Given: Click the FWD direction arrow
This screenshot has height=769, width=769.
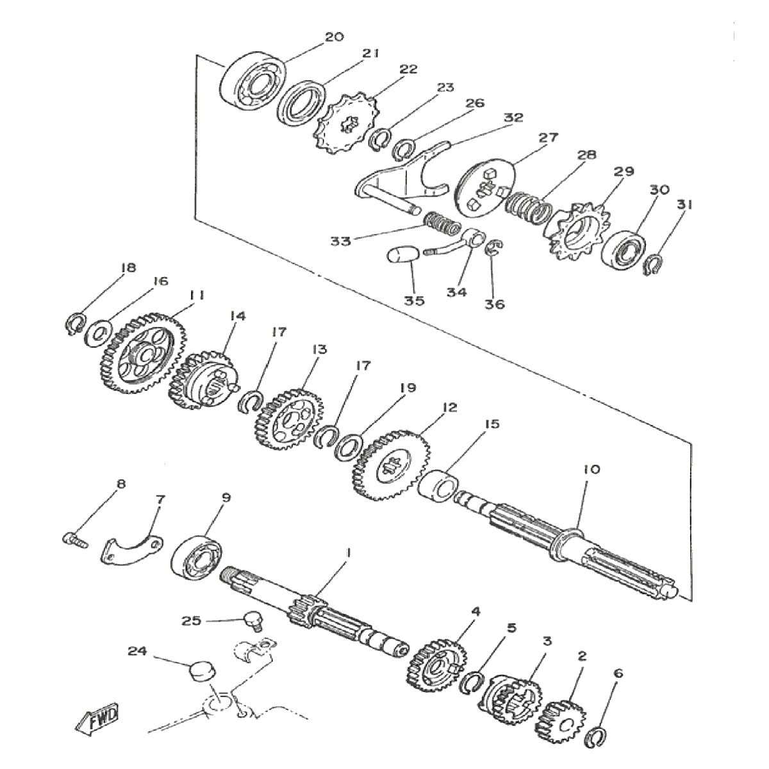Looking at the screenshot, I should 97,722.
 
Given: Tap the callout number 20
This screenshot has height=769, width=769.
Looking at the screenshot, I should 334,37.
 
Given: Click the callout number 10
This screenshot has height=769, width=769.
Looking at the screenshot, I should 591,470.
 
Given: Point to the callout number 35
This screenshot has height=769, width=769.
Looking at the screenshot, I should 415,301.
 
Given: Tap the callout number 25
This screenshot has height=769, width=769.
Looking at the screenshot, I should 192,620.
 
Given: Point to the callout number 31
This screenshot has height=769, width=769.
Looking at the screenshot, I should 684,205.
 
